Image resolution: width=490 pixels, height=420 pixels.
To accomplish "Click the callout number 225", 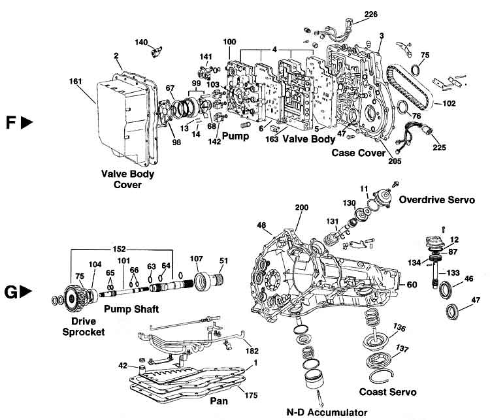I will point(439,148).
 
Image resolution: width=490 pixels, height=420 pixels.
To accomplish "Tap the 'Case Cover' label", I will point(356,153).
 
